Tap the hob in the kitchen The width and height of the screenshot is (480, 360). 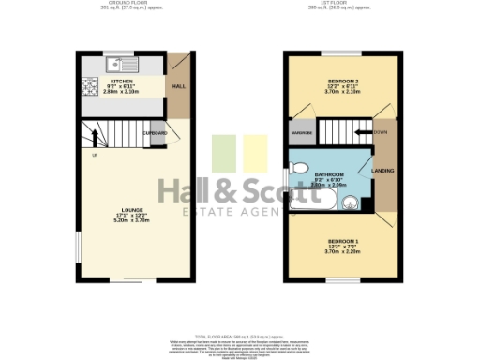92,88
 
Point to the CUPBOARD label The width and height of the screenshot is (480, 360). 156,133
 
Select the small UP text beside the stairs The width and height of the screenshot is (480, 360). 95,155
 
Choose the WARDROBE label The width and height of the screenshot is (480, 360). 302,133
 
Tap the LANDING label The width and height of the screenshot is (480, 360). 383,171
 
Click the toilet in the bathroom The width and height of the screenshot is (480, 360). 298,167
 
